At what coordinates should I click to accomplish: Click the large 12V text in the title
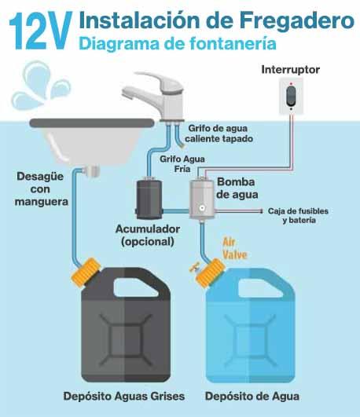(41, 31)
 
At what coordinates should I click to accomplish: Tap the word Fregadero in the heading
(296, 20)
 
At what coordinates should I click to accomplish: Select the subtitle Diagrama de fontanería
(178, 44)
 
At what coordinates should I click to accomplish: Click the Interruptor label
(290, 70)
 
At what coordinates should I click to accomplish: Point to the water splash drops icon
(40, 85)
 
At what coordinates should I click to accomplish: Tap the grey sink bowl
(92, 141)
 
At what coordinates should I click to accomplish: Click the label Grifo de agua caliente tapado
(219, 134)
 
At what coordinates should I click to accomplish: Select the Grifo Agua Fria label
(182, 164)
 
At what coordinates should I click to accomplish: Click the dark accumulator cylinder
(149, 199)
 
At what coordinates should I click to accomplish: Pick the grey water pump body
(202, 199)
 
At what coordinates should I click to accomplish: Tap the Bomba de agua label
(237, 188)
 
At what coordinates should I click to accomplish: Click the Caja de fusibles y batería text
(298, 215)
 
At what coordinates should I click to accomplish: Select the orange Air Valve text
(234, 249)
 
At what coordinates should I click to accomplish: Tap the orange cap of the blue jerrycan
(211, 272)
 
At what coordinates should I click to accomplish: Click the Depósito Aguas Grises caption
(124, 397)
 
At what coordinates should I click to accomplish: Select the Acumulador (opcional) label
(148, 236)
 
